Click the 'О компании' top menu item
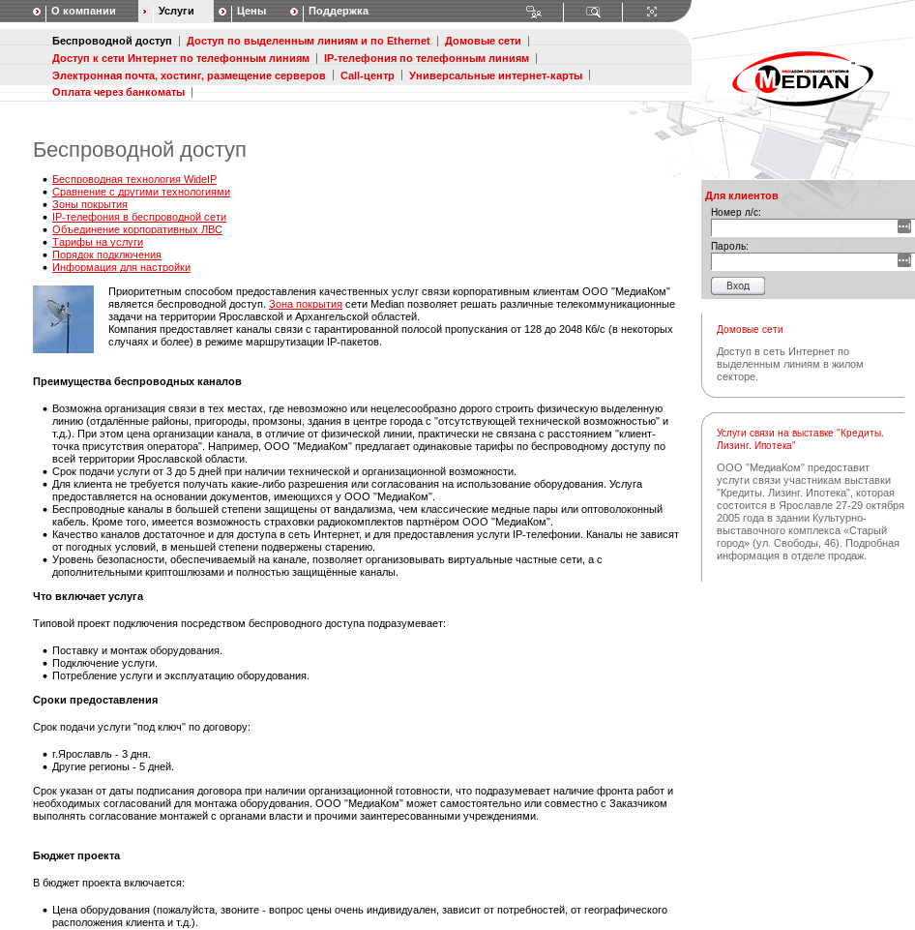point(83,12)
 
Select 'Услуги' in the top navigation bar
point(176,12)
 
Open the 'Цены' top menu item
point(251,12)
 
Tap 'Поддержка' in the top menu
point(339,12)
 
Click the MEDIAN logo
point(803,79)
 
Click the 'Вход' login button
point(738,285)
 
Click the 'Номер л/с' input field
point(804,227)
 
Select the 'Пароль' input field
point(804,261)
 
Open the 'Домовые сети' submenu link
point(483,42)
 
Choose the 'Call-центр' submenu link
point(368,75)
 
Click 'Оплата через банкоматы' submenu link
point(118,92)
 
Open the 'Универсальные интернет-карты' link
point(495,75)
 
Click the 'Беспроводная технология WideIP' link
point(134,180)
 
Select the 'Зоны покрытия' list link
point(90,205)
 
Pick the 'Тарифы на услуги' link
point(98,243)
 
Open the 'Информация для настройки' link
point(121,268)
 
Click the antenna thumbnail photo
point(63,319)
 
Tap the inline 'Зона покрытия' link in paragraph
point(306,304)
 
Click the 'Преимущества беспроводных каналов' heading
point(137,381)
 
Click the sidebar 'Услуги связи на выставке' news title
point(800,439)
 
